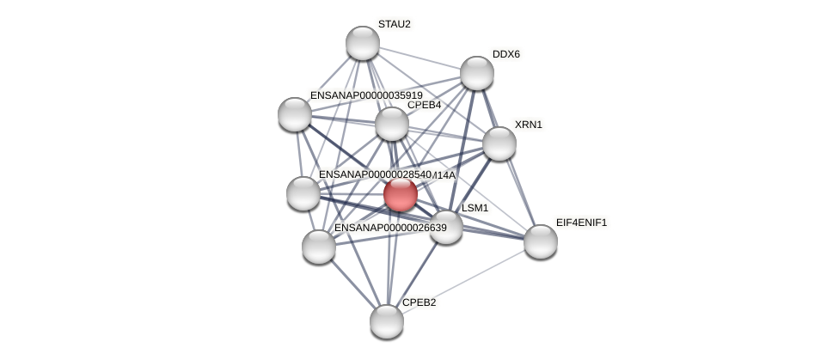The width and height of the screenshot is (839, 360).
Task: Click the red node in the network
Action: point(401,194)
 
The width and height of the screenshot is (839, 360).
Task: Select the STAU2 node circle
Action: point(363,43)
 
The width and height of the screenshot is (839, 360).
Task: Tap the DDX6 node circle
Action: point(477,73)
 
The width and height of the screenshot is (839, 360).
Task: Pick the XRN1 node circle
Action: point(499,143)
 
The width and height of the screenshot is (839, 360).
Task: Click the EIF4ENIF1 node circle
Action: point(541,241)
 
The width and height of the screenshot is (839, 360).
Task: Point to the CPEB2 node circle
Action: point(387,321)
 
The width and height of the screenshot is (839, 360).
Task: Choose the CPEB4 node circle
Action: point(392,124)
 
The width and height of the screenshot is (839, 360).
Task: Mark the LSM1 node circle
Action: point(446,227)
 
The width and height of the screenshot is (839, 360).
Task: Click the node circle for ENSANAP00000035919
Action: point(295,114)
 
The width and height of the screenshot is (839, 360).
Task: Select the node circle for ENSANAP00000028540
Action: point(303,193)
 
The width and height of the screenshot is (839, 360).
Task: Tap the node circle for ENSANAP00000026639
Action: point(319,247)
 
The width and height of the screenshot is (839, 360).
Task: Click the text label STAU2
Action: point(395,24)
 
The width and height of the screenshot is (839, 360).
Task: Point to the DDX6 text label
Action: point(505,54)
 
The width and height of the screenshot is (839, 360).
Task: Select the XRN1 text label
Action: point(528,125)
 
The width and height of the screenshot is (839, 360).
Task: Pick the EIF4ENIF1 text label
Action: point(581,223)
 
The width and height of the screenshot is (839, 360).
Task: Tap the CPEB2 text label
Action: point(419,302)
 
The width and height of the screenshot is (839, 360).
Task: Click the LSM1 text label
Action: point(475,208)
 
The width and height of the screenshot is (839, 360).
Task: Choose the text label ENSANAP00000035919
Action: point(366,95)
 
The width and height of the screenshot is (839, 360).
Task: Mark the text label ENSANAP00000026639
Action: point(390,228)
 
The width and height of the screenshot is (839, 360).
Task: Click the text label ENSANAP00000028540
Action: point(375,174)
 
